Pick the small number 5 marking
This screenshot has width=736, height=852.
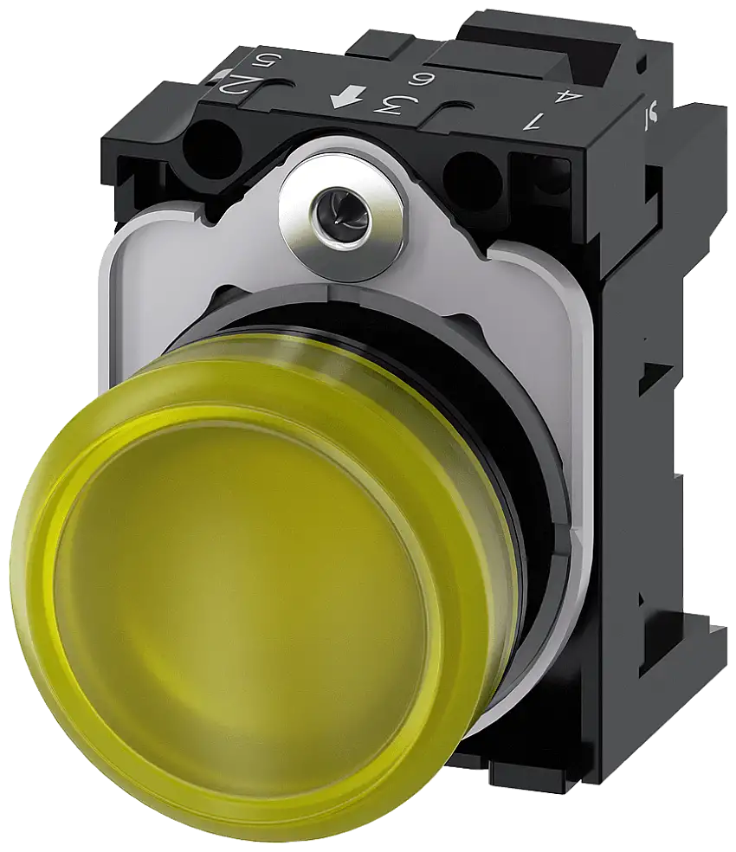click(257, 63)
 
